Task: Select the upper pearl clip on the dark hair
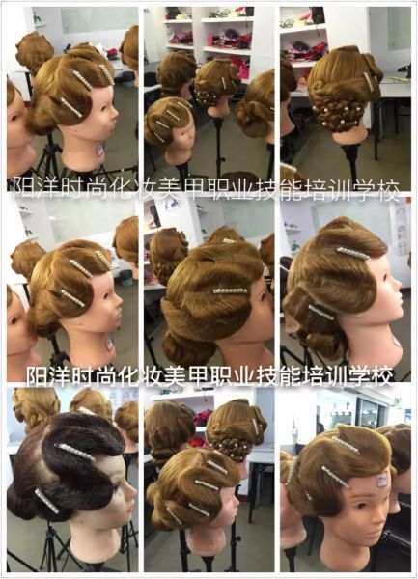(x=75, y=453)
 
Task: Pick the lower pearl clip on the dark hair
(x=47, y=501)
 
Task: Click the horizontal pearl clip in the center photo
(x=229, y=291)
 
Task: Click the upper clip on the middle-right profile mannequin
(x=352, y=253)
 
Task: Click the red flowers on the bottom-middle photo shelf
(x=202, y=419)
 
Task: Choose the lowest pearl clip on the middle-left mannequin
(x=72, y=297)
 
